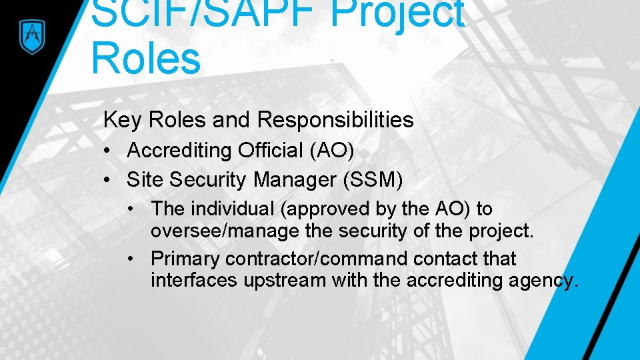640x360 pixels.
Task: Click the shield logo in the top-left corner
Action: [31, 35]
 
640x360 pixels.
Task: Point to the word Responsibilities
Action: [335, 120]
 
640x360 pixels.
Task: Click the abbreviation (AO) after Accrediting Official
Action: [331, 151]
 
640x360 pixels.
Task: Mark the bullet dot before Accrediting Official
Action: [107, 151]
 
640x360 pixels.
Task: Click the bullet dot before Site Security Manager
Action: [107, 180]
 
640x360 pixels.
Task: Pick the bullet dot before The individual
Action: [133, 209]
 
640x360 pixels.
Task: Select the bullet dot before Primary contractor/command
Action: [133, 258]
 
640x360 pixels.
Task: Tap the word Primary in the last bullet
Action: [185, 258]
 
